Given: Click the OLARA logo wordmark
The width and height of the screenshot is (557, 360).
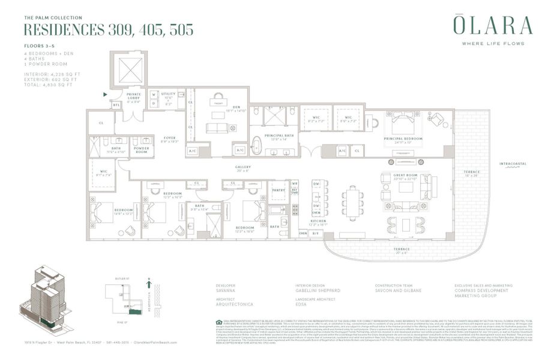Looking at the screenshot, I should click(x=492, y=27).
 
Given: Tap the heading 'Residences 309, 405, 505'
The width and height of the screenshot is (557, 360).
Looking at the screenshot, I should click(x=108, y=29).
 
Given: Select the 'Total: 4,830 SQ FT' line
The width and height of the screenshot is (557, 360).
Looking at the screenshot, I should click(x=48, y=85).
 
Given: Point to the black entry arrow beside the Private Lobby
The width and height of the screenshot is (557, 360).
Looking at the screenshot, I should click(x=106, y=94).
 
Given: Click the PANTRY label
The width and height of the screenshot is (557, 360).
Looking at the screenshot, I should click(x=278, y=190).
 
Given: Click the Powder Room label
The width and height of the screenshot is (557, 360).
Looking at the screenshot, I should click(x=142, y=151).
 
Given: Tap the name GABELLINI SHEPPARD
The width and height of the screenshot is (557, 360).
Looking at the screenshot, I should click(x=318, y=290).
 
